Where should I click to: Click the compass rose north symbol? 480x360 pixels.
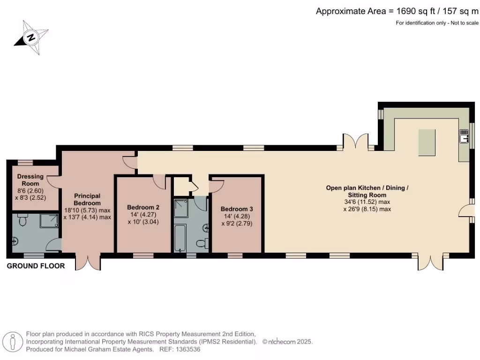31,37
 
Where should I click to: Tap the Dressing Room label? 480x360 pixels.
30,180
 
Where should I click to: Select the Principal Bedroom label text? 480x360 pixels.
87,200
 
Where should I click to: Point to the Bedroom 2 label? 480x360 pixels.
143,207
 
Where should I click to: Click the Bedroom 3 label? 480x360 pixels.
237,209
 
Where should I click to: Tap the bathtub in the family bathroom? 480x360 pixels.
180,238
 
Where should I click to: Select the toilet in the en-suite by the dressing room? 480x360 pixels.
22,220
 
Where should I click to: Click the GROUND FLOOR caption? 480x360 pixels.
36,266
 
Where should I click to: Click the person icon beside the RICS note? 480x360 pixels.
13,341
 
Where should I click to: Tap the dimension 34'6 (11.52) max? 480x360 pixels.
367,202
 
